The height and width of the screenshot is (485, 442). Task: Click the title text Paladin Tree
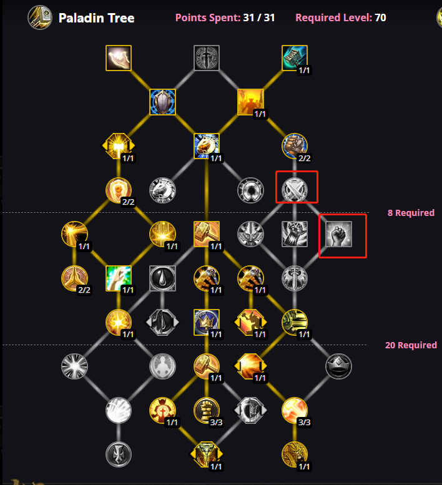pos(96,18)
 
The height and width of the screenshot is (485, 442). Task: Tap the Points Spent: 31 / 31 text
pos(225,17)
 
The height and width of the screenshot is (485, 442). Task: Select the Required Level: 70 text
pos(340,17)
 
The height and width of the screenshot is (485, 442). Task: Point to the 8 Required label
pos(411,213)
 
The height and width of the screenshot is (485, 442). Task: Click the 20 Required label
pos(411,345)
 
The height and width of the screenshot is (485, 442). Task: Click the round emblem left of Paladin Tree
pos(40,17)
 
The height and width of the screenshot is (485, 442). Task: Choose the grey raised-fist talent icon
pos(339,234)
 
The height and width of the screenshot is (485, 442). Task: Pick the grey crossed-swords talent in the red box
pos(295,190)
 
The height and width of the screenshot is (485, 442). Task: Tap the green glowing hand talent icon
pos(119,278)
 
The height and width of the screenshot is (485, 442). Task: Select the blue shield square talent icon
pos(162,102)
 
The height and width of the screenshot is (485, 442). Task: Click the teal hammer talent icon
pos(295,58)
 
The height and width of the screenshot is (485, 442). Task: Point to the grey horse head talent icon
pos(162,190)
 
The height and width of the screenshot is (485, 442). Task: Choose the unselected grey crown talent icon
pos(339,366)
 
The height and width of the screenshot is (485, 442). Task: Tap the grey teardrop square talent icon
pos(162,278)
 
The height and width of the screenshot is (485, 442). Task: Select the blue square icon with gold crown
pos(206,322)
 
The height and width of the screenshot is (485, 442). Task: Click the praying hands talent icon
pos(74,278)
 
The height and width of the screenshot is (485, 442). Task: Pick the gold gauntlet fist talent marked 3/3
pos(206,410)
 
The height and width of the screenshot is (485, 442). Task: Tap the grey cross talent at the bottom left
pos(119,454)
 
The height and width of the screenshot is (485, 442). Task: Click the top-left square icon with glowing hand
pos(119,58)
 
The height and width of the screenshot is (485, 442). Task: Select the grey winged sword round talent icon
pos(295,278)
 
